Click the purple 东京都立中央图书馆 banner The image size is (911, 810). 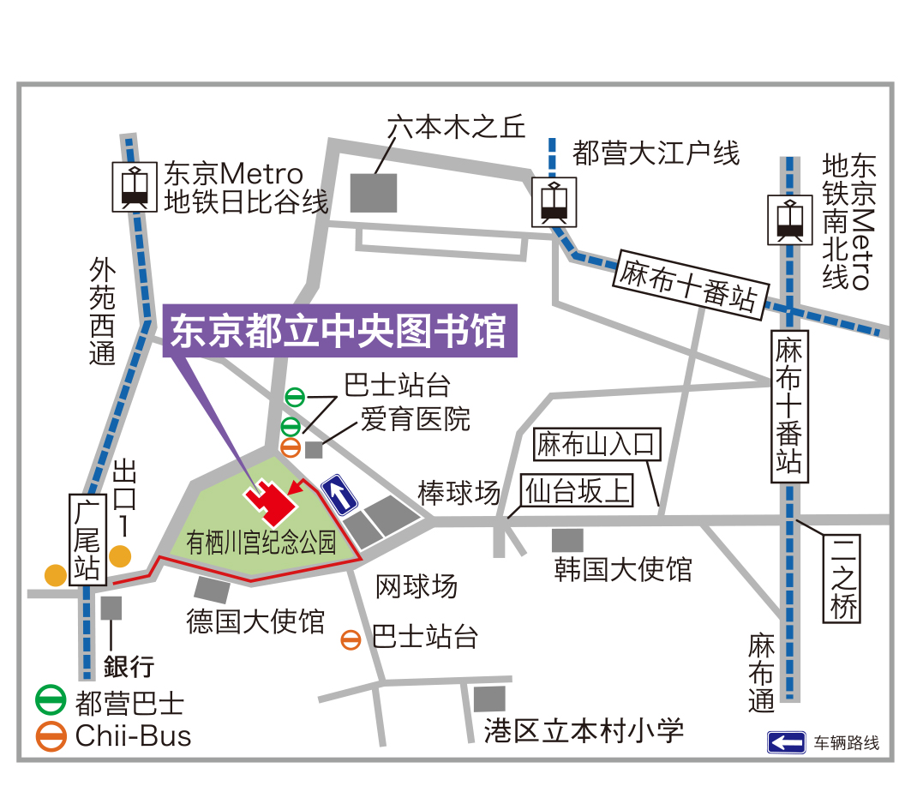(340, 331)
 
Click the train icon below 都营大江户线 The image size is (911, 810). (554, 203)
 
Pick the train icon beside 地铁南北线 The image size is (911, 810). (788, 220)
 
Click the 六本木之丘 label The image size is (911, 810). (455, 127)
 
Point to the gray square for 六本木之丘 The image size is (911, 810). (374, 192)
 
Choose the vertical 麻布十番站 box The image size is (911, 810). (789, 405)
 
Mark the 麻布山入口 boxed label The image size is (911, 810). (597, 444)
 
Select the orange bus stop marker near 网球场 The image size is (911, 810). (351, 639)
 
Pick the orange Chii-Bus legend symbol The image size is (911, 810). (51, 735)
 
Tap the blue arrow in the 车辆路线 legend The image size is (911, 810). (786, 742)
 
